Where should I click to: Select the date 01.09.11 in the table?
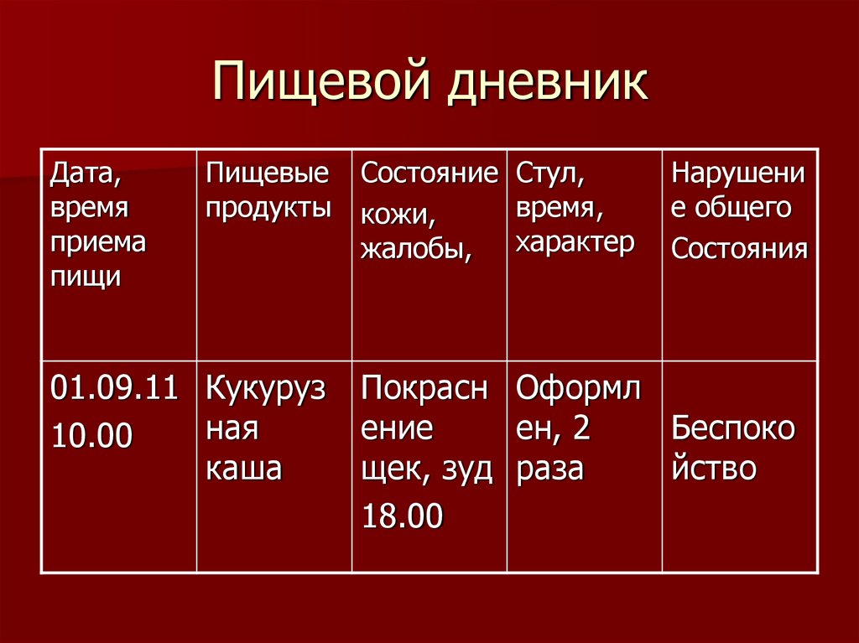[115, 390]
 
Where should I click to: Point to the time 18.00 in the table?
[402, 516]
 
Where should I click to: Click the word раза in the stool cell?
[549, 469]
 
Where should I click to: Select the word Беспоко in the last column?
[733, 429]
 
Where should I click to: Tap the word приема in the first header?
[97, 243]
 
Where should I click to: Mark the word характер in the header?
[575, 243]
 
